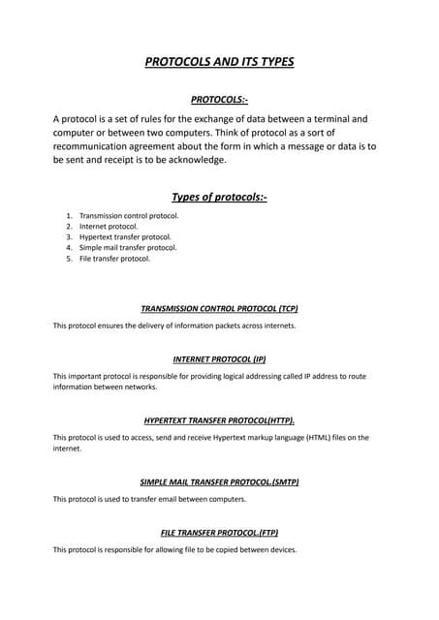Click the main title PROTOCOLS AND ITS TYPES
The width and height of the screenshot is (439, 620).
(x=219, y=63)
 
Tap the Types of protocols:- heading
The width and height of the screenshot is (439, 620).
(x=219, y=198)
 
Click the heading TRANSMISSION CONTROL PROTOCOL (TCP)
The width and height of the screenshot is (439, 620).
(x=219, y=308)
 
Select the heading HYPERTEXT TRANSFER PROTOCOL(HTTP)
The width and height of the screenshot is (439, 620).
(x=219, y=421)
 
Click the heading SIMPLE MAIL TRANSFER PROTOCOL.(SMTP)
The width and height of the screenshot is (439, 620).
(x=219, y=481)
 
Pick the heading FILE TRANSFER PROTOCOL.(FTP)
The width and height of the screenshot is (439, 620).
(x=219, y=533)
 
